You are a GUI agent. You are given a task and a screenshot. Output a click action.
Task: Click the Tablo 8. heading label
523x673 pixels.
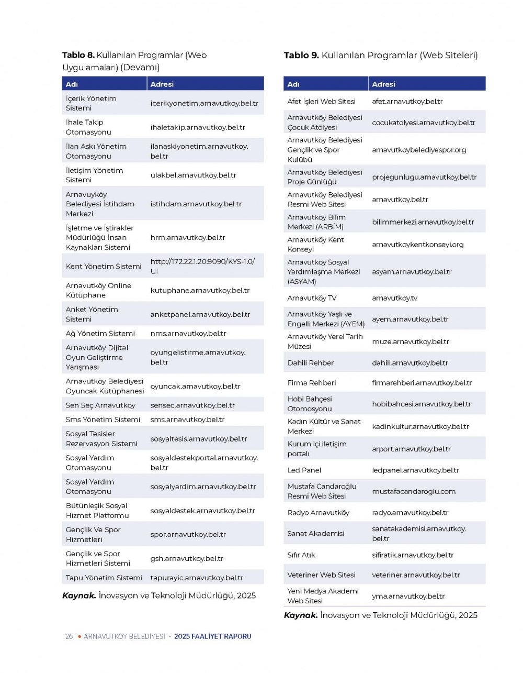pyautogui.click(x=78, y=55)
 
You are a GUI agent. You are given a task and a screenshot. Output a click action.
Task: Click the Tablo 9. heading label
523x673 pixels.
pyautogui.click(x=301, y=55)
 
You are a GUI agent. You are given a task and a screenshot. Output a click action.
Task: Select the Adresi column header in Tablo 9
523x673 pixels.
pyautogui.click(x=383, y=84)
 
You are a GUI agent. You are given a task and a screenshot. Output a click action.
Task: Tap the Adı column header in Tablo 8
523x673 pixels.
pyautogui.click(x=72, y=84)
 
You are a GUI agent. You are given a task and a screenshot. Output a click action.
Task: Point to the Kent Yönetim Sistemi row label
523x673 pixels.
pyautogui.click(x=104, y=266)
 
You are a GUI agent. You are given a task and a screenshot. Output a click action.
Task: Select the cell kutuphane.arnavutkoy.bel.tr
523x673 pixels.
pyautogui.click(x=200, y=290)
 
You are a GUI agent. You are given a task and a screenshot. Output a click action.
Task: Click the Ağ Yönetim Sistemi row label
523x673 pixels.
pyautogui.click(x=100, y=333)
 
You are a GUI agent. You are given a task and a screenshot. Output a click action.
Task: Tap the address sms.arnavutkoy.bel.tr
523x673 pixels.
pyautogui.click(x=187, y=420)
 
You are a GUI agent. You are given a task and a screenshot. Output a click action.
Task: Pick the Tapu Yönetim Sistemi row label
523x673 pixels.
pyautogui.click(x=104, y=578)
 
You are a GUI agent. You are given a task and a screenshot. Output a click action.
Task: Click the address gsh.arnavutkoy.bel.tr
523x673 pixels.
pyautogui.click(x=187, y=558)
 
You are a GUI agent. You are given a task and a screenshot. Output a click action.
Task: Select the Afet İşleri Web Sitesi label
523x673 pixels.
pyautogui.click(x=321, y=101)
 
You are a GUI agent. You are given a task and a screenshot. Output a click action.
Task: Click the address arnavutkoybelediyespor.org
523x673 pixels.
pyautogui.click(x=419, y=150)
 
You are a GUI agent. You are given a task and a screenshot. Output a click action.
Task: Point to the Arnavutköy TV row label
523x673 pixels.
pyautogui.click(x=312, y=298)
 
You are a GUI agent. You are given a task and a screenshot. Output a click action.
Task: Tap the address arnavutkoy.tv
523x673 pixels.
pyautogui.click(x=394, y=298)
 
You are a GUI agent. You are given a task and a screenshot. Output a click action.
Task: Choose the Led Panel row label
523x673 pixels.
pyautogui.click(x=304, y=470)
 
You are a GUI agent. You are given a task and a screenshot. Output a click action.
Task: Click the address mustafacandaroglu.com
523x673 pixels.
pyautogui.click(x=414, y=491)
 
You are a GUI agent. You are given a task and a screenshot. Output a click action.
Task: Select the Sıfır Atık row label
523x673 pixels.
pyautogui.click(x=301, y=555)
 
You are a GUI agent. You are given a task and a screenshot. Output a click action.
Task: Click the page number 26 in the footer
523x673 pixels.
pyautogui.click(x=69, y=636)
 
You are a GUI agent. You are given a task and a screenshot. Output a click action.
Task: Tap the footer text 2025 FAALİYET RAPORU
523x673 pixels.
pyautogui.click(x=212, y=636)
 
